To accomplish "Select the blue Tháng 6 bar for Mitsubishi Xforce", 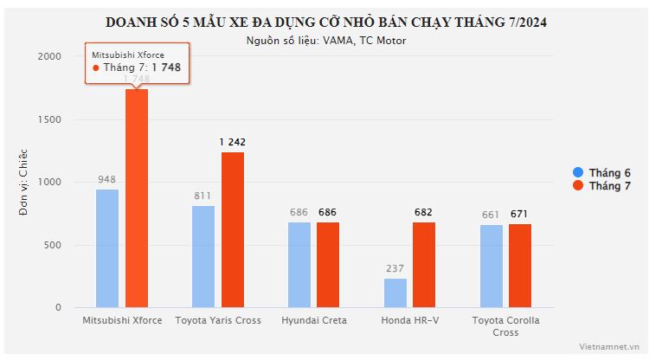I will coord(107,248).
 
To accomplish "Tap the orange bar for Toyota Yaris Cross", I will coord(232,229).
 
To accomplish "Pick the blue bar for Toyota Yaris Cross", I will coord(203,256).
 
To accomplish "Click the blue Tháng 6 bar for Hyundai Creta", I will coord(299,265).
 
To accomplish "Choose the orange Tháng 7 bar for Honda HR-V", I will coord(424,265).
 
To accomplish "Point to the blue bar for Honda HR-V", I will coord(395,292).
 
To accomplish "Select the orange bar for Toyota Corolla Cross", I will coord(520,266).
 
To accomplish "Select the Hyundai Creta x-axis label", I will coord(314,320).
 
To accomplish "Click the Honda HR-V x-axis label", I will coord(409,320).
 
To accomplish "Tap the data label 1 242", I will coord(233,142).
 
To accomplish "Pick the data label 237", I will coord(395,268).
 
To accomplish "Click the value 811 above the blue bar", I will coord(203,196).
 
